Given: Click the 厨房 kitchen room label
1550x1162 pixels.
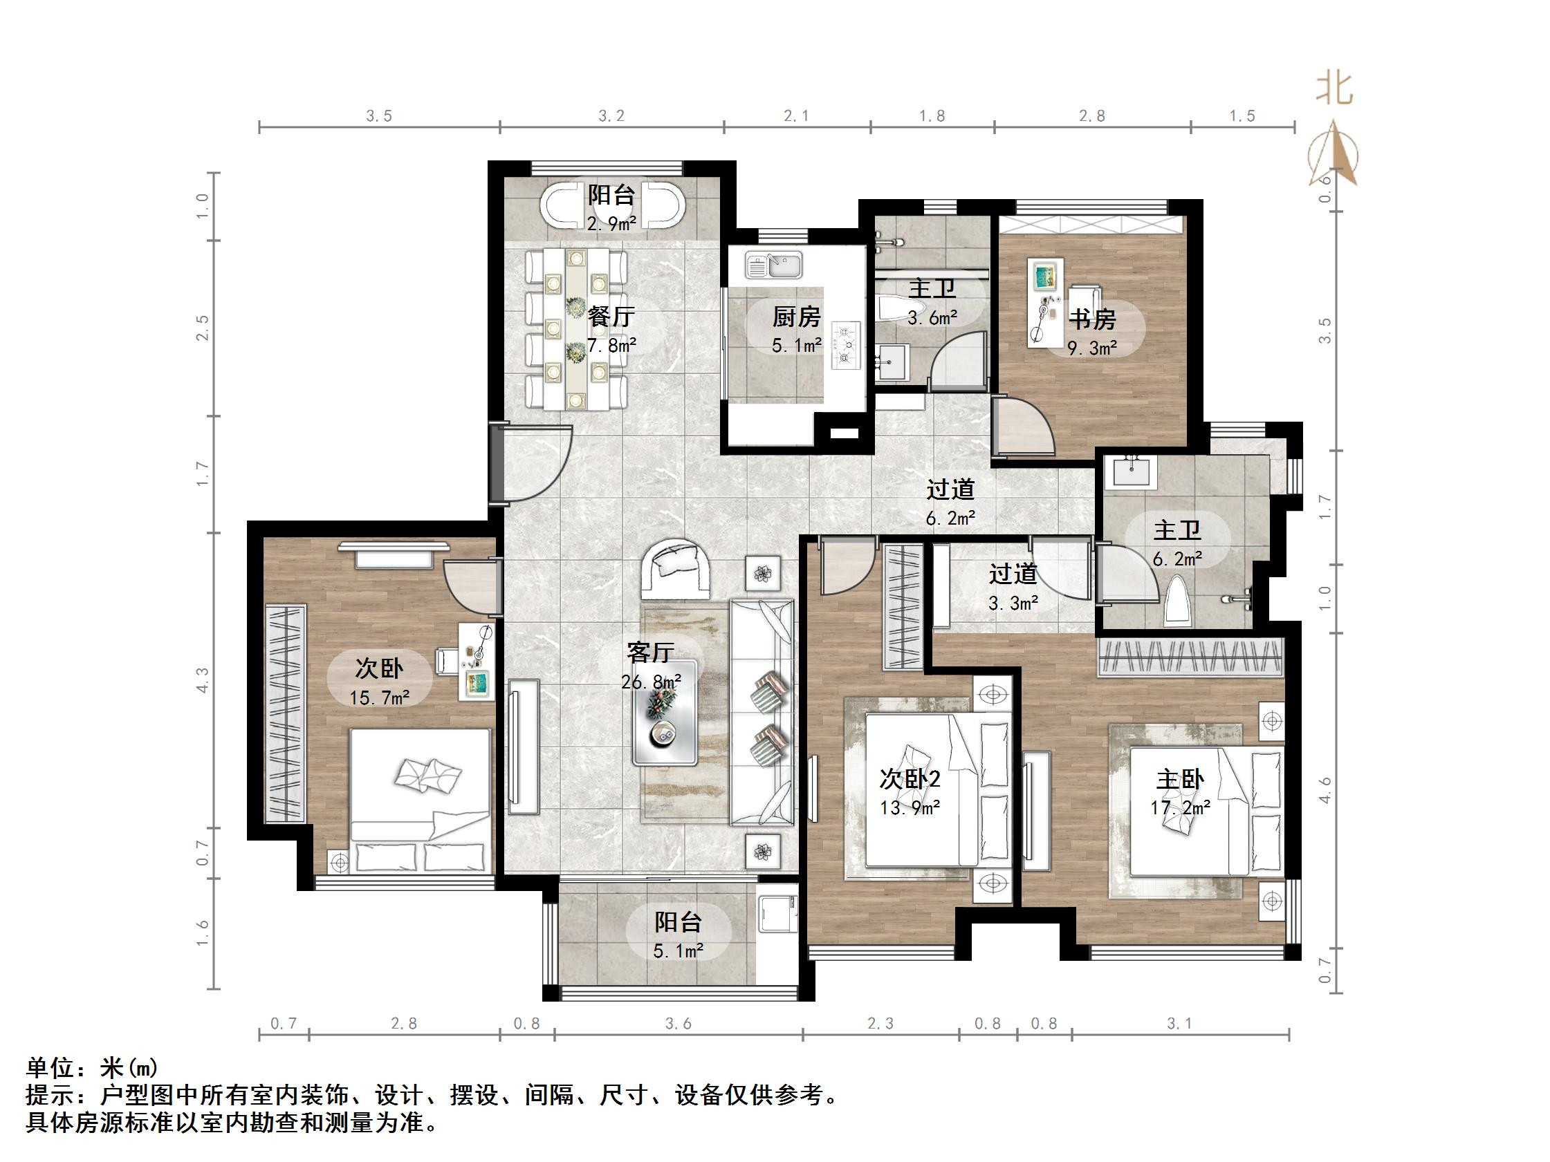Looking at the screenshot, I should (796, 317).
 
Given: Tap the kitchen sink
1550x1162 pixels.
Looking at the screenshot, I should (773, 265).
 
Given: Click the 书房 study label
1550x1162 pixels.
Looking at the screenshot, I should (1091, 319).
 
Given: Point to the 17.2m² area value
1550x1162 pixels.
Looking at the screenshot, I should (1180, 807).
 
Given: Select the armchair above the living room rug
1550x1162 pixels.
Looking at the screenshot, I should (674, 568).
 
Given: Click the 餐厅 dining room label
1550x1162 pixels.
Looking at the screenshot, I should (611, 317).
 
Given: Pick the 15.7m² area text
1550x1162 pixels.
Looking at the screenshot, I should (379, 697).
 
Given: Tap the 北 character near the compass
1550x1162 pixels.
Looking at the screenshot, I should (1334, 91).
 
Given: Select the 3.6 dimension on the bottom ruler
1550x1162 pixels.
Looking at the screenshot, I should (678, 1024).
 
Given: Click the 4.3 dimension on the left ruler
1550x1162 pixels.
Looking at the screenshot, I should (203, 680).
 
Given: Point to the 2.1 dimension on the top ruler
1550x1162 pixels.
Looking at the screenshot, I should (796, 115).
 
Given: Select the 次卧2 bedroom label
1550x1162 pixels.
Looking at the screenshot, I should (910, 778).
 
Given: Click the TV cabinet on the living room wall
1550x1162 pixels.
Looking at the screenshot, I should (524, 746).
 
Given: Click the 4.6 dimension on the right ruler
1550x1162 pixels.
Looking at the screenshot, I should (1325, 790).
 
